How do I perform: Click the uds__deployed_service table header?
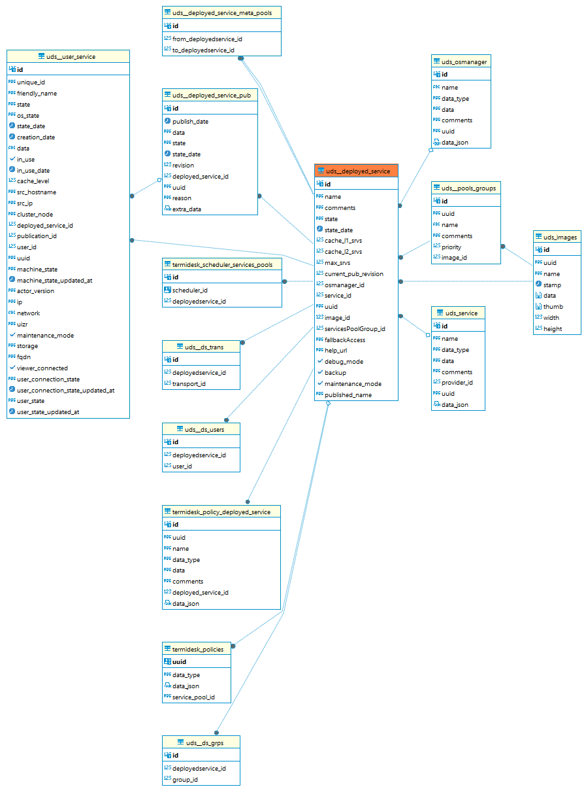pyautogui.click(x=357, y=171)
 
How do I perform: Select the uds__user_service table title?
pyautogui.click(x=71, y=57)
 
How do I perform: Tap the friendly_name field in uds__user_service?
pyautogui.click(x=37, y=94)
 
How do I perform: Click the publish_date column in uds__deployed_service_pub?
pyautogui.click(x=190, y=122)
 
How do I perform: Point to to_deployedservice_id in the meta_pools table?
pyautogui.click(x=203, y=50)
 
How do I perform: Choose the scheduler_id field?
pyautogui.click(x=189, y=290)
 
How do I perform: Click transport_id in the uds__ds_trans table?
pyautogui.click(x=189, y=384)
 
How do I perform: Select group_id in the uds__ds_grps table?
pyautogui.click(x=185, y=780)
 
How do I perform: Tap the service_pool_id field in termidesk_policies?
pyautogui.click(x=193, y=697)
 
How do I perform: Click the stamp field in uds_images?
pyautogui.click(x=552, y=285)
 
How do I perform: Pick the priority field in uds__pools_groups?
pyautogui.click(x=451, y=247)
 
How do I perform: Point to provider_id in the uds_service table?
pyautogui.click(x=457, y=383)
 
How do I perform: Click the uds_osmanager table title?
pyautogui.click(x=464, y=62)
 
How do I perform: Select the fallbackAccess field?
pyautogui.click(x=344, y=340)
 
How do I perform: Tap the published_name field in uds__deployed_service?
pyautogui.click(x=348, y=395)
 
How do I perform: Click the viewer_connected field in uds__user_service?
pyautogui.click(x=42, y=368)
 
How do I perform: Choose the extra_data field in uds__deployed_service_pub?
pyautogui.click(x=186, y=209)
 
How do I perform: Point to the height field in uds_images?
pyautogui.click(x=552, y=329)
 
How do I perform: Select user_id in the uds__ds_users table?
pyautogui.click(x=182, y=466)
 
